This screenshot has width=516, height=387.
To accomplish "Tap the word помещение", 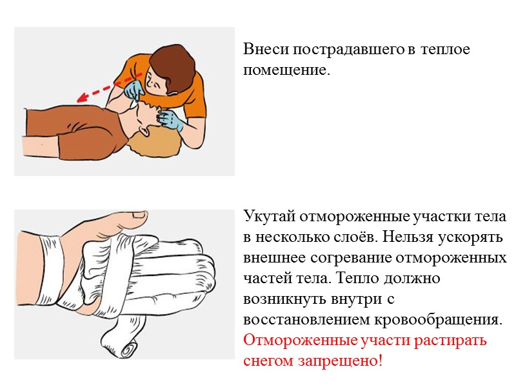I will [x=286, y=69].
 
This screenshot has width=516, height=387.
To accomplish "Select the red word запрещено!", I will [x=347, y=361].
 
